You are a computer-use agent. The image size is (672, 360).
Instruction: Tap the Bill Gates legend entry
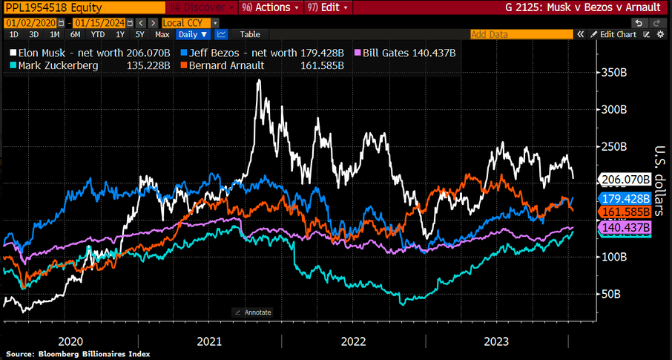click(408, 53)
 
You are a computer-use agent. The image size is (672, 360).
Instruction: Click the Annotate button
click(254, 312)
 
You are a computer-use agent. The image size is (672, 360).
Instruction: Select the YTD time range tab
click(97, 34)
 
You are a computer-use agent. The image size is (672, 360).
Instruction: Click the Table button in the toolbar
click(250, 34)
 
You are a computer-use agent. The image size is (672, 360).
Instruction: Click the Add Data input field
click(521, 34)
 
